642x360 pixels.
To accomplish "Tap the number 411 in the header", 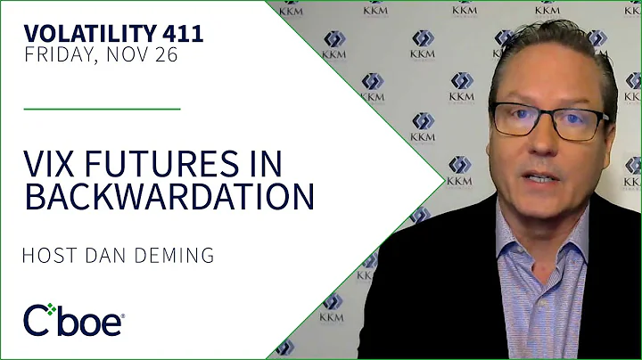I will coord(184,35).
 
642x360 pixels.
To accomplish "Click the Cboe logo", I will coord(73,319).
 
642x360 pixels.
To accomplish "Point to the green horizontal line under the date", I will coord(103,109).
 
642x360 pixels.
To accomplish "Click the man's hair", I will coord(553,45).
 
